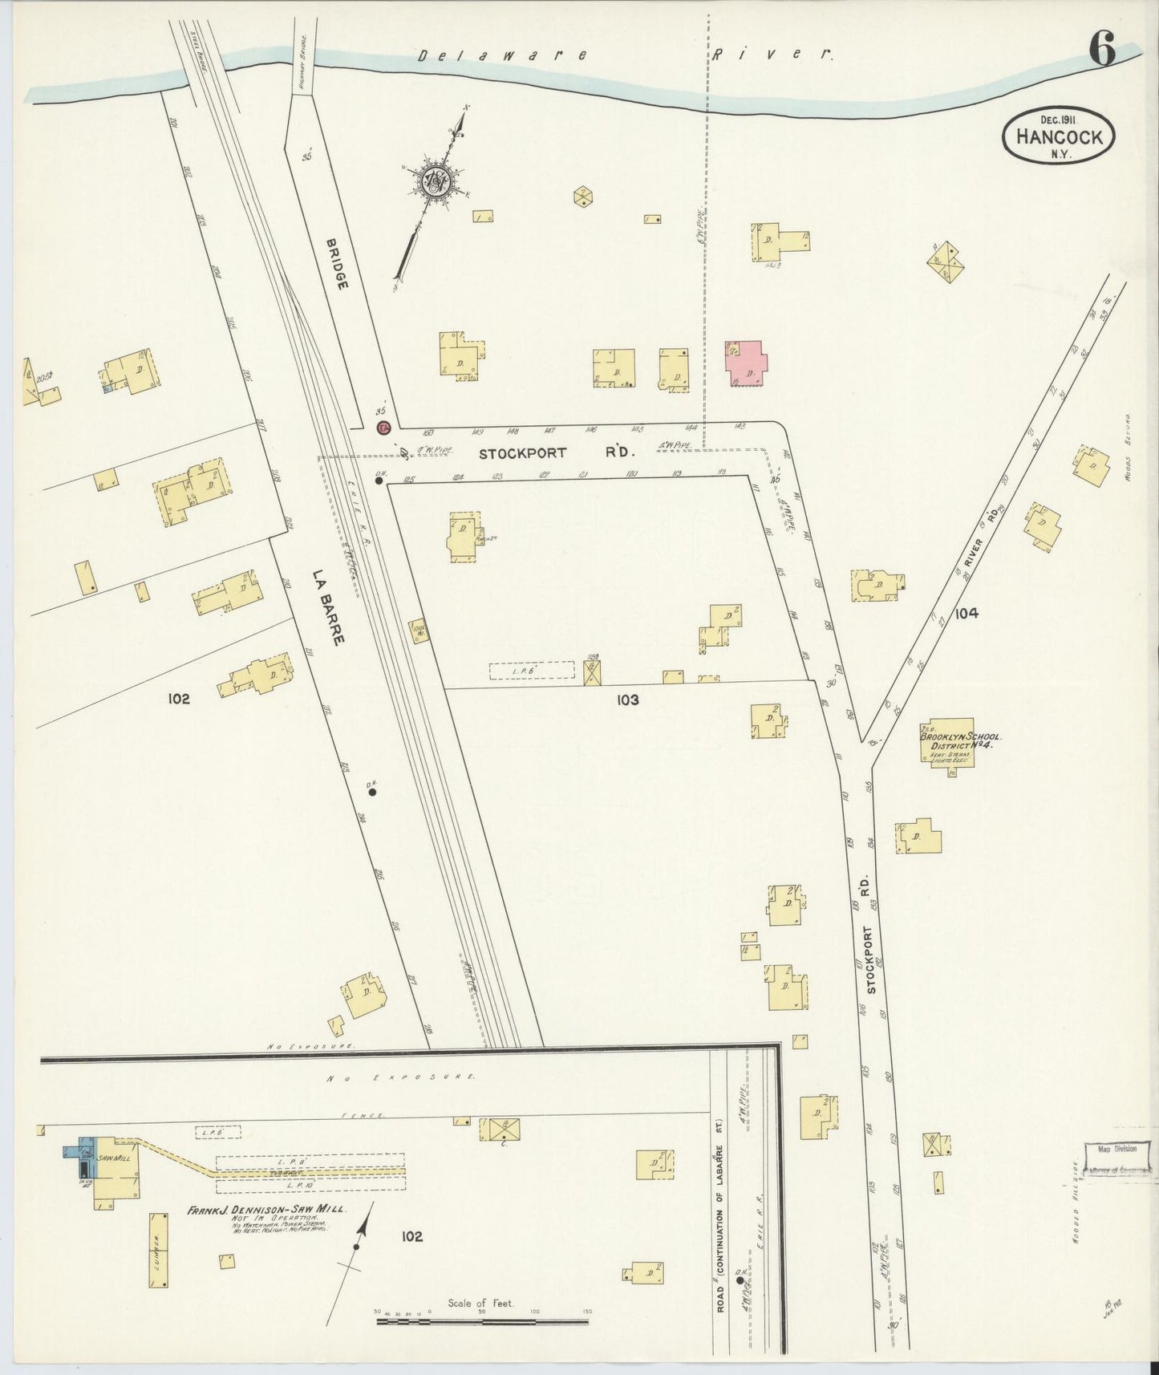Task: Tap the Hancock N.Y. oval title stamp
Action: (x=1059, y=137)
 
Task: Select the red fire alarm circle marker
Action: (x=383, y=428)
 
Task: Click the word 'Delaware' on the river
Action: (x=502, y=55)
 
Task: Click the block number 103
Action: (x=627, y=700)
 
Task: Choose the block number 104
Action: (x=966, y=614)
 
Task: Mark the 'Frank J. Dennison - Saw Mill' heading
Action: (x=265, y=1211)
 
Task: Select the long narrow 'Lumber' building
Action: (x=158, y=1250)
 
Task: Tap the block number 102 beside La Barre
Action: (x=179, y=699)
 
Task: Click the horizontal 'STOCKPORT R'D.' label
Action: (x=557, y=453)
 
